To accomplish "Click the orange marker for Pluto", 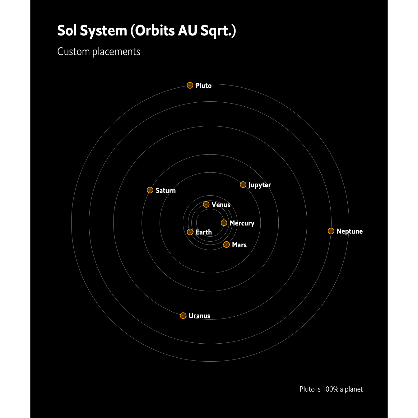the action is coord(190,85).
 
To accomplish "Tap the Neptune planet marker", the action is coord(331,231).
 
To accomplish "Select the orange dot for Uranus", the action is coord(183,316).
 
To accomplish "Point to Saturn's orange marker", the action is coord(150,190).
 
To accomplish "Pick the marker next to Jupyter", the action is coord(243,184).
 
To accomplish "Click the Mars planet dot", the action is coord(226,244).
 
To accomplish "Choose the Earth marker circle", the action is coord(190,232).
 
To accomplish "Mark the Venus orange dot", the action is coord(206,204).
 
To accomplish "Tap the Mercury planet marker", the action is coord(224,223).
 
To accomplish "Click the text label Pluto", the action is coord(203,86).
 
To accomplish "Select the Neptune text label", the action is coord(350,231).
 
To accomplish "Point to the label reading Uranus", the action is coord(199,316).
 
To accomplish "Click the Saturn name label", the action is coord(165,191).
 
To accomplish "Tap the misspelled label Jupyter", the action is coord(260,185).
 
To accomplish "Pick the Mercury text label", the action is coord(242,223).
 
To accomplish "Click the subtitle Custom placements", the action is coord(99,52).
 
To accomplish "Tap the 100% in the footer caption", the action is coord(330,389).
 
